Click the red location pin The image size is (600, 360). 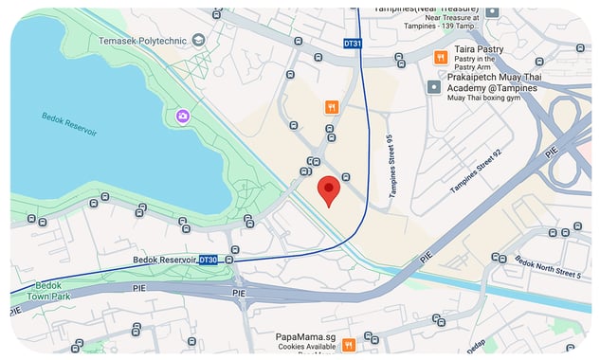pos(328,189)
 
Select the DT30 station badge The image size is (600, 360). pos(209,260)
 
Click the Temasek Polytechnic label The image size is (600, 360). pos(143,41)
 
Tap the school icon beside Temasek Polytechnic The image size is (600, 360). pos(198,40)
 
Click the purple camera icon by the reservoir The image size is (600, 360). pos(182,116)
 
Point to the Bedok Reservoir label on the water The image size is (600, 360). pos(69,123)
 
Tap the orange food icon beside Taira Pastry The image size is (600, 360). pos(441,58)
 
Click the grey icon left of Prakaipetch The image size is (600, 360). pos(434,87)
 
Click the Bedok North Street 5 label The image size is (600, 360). pos(547,266)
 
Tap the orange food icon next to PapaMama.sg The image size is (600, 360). pos(349,344)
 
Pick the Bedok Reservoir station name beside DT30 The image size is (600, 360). pos(163,260)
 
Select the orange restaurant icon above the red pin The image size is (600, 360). pos(331,107)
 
